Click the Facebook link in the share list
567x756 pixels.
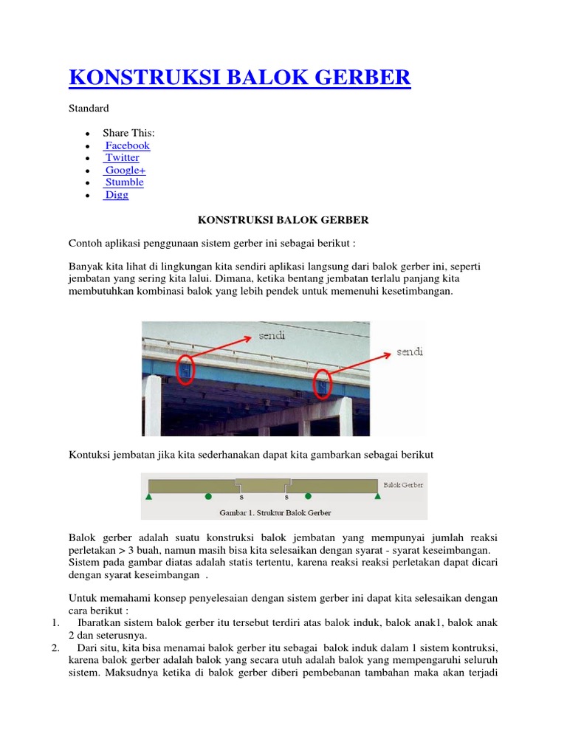coord(127,145)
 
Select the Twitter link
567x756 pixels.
coord(122,157)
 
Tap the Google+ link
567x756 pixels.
coord(125,170)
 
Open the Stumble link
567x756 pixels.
coord(124,182)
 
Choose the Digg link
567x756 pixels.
coord(116,195)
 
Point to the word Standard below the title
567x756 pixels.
coord(89,109)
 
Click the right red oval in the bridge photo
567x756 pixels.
coord(323,383)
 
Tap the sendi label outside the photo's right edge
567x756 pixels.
coord(410,352)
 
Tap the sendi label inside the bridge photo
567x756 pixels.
coord(272,336)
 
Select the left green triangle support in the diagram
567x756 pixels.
coord(149,498)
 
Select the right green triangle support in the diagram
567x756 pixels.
coord(377,498)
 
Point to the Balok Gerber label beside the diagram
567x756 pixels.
coord(403,485)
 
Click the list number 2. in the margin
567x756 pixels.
coord(56,647)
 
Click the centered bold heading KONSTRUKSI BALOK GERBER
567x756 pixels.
coord(283,220)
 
